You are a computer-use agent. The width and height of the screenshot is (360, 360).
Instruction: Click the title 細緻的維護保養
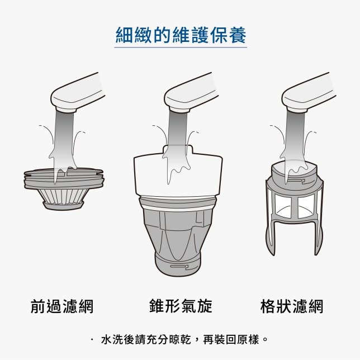[181, 35]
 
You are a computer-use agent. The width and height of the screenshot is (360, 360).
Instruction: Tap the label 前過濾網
[62, 306]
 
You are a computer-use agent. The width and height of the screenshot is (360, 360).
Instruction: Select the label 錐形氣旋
[181, 306]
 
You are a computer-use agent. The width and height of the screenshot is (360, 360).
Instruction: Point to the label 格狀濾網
[292, 306]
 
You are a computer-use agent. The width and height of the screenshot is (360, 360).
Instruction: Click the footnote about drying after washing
[184, 339]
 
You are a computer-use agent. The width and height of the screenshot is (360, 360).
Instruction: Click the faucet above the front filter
[77, 93]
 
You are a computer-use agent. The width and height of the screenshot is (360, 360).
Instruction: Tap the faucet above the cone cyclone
[191, 93]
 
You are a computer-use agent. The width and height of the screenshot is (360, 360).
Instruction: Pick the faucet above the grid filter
[309, 93]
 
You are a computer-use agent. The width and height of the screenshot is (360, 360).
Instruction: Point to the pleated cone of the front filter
[63, 196]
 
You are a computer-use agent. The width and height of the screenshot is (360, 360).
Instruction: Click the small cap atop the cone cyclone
[177, 149]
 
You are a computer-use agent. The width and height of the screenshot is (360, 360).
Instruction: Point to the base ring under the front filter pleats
[63, 206]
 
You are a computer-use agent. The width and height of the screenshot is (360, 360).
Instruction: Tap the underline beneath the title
[181, 48]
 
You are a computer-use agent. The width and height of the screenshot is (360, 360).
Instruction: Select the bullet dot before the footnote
[92, 339]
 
